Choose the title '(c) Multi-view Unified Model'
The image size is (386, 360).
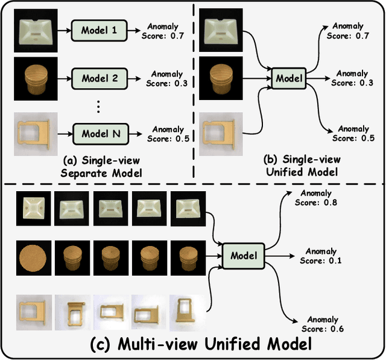(192, 344)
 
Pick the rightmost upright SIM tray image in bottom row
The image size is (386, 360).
(188, 311)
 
